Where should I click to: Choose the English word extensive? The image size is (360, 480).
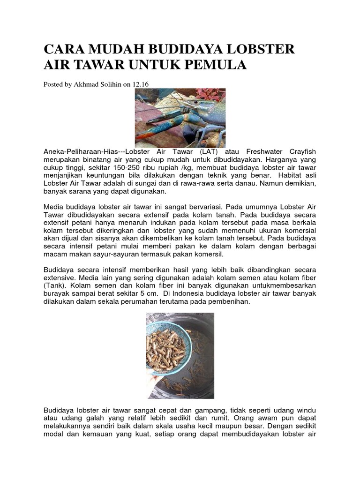pyautogui.click(x=59, y=278)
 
